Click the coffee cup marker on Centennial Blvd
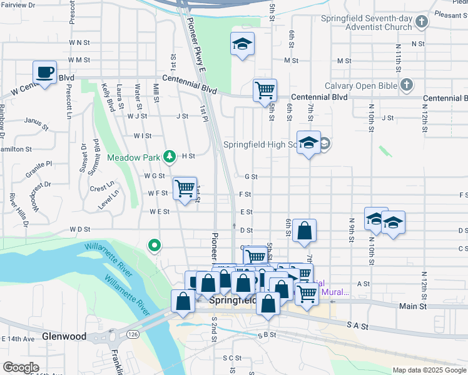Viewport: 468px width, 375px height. (x=44, y=72)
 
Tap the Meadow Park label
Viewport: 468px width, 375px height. (x=134, y=157)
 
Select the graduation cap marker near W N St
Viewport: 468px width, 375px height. (x=242, y=44)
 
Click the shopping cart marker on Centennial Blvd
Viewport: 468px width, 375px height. (x=265, y=90)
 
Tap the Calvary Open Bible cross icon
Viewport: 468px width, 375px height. (x=407, y=84)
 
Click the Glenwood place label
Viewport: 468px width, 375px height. (x=64, y=336)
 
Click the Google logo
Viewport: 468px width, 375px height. (x=21, y=367)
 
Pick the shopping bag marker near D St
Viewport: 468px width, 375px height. (x=304, y=231)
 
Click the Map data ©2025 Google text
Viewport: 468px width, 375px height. (x=429, y=370)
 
